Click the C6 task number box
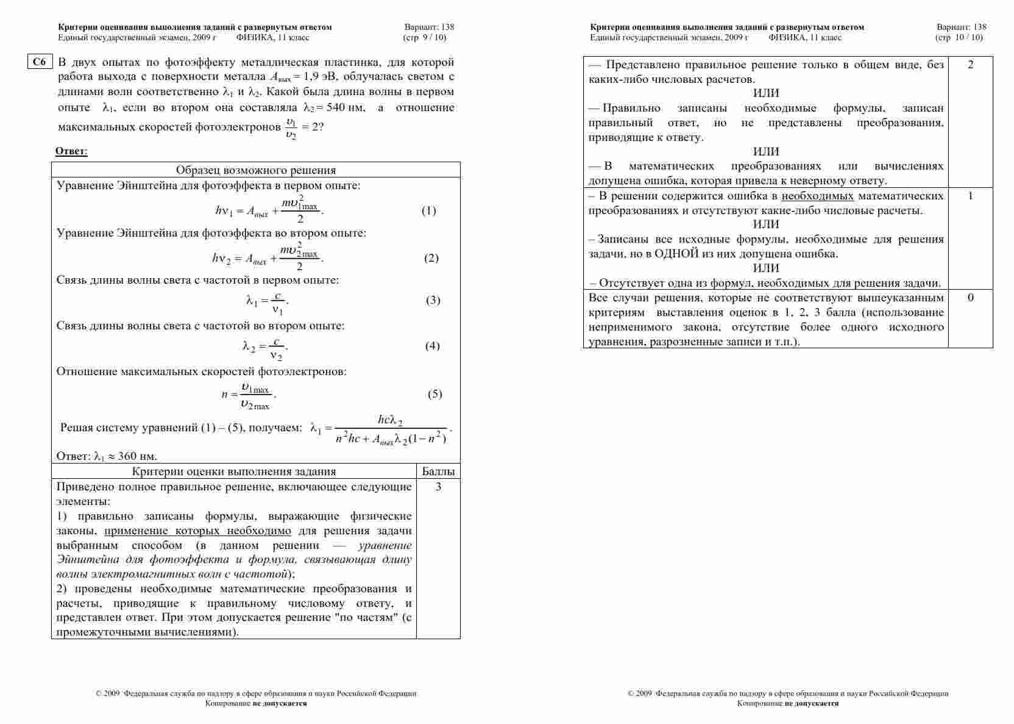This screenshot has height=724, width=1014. click(40, 62)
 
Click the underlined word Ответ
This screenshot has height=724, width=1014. click(71, 151)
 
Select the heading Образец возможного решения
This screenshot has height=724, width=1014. click(255, 170)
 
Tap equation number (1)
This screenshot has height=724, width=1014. click(428, 211)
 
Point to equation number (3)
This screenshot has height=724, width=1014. click(433, 300)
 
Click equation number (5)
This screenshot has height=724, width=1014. click(434, 394)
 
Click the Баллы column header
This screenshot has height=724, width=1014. click(438, 471)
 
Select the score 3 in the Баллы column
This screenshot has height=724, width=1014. click(438, 487)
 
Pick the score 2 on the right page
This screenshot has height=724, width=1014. click(970, 65)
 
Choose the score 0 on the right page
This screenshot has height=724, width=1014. click(970, 298)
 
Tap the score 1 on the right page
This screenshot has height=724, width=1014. click(970, 196)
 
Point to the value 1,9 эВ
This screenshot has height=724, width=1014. click(316, 77)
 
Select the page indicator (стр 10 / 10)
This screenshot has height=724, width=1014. click(959, 37)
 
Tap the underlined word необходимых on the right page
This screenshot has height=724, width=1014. click(817, 196)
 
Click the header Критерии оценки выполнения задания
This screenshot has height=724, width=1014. click(233, 471)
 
